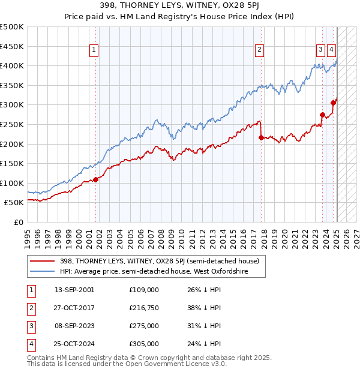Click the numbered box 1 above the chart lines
95,50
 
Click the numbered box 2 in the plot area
259,50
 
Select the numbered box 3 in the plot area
321,50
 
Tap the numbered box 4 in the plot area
332,50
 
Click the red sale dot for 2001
96,179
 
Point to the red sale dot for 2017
261,137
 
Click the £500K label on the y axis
12,27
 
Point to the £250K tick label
12,124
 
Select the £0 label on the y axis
19,222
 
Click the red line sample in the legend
42,261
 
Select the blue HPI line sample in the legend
42,271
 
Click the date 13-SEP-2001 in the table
74,290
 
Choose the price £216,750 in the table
144,308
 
